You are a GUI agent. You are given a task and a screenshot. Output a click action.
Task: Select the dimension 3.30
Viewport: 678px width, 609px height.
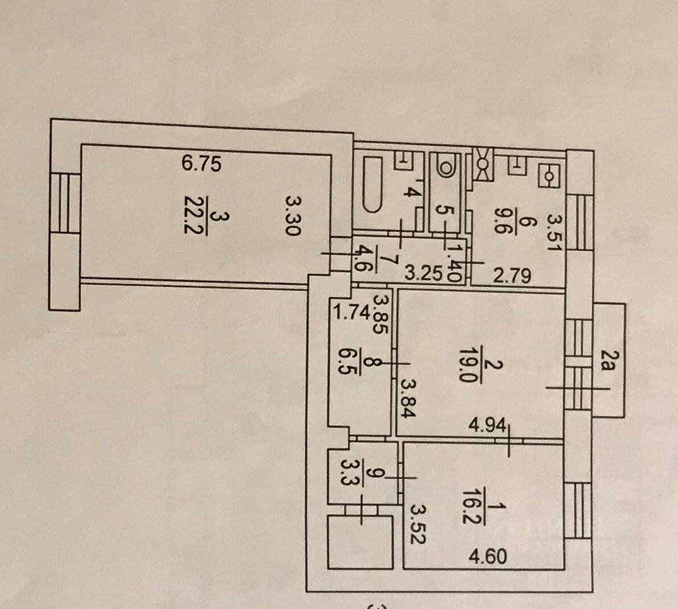(x=293, y=215)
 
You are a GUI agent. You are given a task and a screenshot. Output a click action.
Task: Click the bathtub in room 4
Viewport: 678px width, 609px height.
(x=372, y=185)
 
